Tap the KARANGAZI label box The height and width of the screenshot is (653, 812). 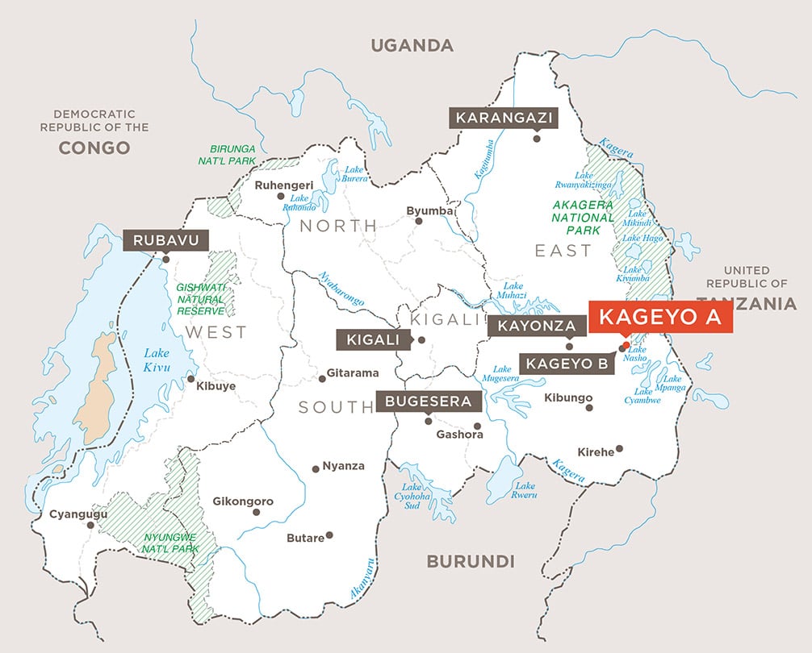pos(504,118)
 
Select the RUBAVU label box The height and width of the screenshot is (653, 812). pos(165,240)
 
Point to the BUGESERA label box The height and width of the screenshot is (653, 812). pos(428,401)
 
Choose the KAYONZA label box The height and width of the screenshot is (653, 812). pos(536,326)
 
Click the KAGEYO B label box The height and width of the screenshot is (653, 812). pos(566,364)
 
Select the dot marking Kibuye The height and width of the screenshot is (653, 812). pos(190,378)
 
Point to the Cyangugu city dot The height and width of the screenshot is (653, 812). pos(91,525)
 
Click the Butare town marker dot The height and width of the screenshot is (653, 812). pos(329,534)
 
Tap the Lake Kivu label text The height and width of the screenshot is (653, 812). pos(158,360)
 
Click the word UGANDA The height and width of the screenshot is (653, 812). pos(412,45)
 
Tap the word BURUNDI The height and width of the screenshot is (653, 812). pos(470,561)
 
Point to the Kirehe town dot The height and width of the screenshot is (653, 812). pos(619,448)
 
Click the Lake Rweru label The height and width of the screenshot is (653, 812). pos(525,490)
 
